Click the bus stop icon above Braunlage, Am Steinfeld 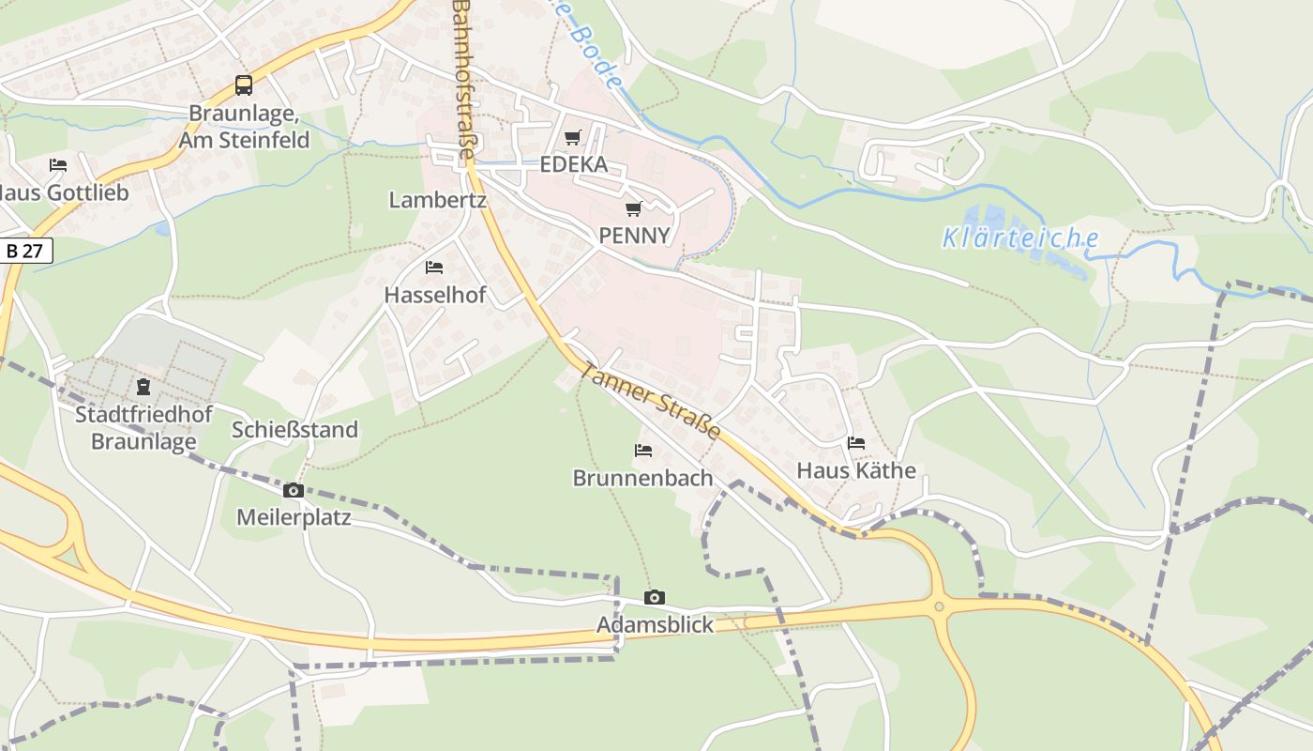244,85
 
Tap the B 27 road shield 24,251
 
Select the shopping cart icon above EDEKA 573,138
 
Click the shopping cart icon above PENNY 634,208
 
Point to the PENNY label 634,235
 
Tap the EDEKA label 573,165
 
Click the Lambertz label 437,200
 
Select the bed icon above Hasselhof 434,268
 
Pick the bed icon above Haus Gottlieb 58,165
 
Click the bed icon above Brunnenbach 643,451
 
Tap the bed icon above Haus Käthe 855,443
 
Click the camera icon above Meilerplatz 293,490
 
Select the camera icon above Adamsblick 655,597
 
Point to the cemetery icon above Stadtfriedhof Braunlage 143,387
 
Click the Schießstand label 294,430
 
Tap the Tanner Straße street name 651,401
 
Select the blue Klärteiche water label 1019,238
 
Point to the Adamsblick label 655,625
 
